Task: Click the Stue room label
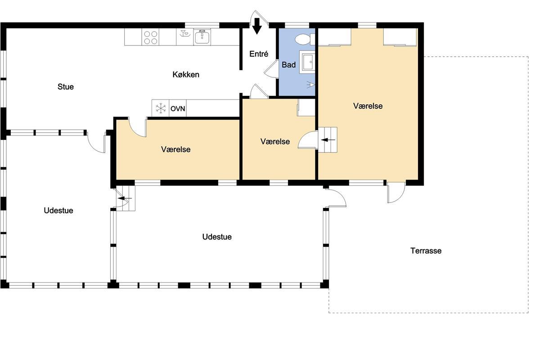pos(66,87)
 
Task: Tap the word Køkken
pos(186,75)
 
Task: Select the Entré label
pos(259,54)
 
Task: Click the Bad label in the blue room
pos(288,65)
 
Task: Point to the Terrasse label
pos(426,251)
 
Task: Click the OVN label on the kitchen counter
pos(178,109)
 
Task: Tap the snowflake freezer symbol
pos(161,108)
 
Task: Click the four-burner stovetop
pos(151,37)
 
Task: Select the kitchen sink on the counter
pos(202,37)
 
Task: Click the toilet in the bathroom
pos(305,39)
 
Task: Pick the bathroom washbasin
pos(307,62)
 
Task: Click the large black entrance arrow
pos(257,26)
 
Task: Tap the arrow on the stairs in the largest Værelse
pos(328,140)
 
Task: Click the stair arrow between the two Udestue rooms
pos(125,198)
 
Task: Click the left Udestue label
pos(58,211)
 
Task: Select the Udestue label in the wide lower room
pos(217,237)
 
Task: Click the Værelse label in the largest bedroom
pos(368,106)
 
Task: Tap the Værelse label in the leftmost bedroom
pos(176,149)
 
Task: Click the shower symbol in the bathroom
pos(311,85)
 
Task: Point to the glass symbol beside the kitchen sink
pos(184,33)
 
